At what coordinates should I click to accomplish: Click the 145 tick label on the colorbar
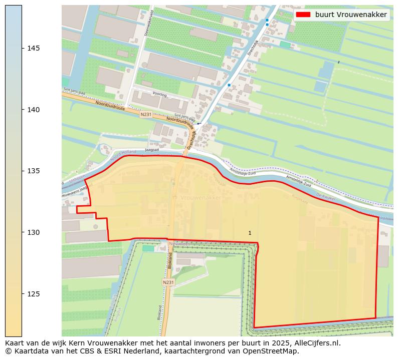click(x=34, y=48)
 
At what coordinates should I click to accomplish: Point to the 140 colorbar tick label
click(x=34, y=110)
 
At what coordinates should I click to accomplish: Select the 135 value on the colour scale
click(x=34, y=171)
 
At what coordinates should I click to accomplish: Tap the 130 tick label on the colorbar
click(x=34, y=232)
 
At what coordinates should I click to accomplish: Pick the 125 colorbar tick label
click(x=34, y=294)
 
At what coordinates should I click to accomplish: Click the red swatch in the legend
click(x=303, y=15)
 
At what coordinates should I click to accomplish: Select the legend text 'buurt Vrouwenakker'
click(x=351, y=15)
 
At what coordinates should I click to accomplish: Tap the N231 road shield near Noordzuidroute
click(x=146, y=114)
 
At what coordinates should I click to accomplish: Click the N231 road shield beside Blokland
click(x=168, y=282)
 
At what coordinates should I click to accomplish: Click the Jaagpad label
click(x=151, y=150)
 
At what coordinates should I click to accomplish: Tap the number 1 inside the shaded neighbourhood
click(x=250, y=233)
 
